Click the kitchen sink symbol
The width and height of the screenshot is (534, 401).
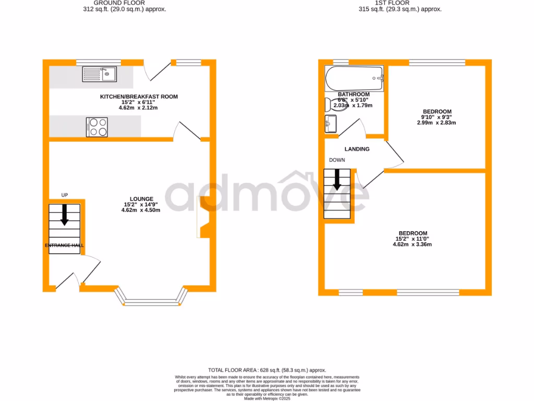[100, 75]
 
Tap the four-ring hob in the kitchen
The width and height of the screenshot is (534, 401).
[97, 127]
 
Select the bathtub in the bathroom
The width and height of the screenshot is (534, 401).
[354, 79]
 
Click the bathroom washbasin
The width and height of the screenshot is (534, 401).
[330, 124]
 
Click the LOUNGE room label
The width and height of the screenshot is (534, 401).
[142, 199]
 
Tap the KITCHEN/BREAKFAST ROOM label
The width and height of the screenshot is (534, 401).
[139, 97]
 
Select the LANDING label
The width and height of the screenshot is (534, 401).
[357, 149]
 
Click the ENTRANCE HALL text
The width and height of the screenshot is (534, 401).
[65, 245]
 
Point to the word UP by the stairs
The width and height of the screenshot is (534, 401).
[65, 195]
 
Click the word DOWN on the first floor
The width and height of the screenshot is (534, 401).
[336, 160]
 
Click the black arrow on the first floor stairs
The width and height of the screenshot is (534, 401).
[337, 180]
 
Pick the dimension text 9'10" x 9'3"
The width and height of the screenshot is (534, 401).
[437, 117]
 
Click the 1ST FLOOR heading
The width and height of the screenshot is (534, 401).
[400, 3]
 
